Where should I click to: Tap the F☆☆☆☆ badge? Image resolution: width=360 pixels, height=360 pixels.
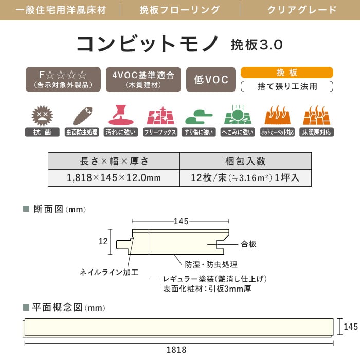[x=63, y=79]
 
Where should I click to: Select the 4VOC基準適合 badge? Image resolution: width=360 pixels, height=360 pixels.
[x=143, y=79]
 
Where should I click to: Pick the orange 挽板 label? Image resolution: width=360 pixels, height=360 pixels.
[x=286, y=73]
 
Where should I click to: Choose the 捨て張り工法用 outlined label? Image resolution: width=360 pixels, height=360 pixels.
[x=286, y=86]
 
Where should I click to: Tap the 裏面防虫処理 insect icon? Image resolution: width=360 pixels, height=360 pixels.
[x=81, y=116]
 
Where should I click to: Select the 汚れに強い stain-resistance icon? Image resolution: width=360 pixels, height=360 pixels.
[x=120, y=116]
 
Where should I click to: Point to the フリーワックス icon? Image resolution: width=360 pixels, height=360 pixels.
[x=160, y=116]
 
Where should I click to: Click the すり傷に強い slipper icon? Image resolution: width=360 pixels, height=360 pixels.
[x=199, y=116]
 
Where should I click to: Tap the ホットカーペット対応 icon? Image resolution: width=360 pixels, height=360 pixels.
[x=278, y=116]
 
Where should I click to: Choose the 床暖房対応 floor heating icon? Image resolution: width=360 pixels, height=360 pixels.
[x=317, y=116]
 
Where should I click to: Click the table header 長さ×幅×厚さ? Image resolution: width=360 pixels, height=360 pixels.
[x=114, y=161]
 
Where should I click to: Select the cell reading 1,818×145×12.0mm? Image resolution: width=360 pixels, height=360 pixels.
[x=114, y=178]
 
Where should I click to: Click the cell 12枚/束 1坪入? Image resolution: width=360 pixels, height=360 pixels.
[x=245, y=178]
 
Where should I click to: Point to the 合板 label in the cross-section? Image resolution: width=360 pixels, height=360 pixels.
[x=248, y=244]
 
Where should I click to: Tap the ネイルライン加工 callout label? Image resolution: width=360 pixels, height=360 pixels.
[x=109, y=272]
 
